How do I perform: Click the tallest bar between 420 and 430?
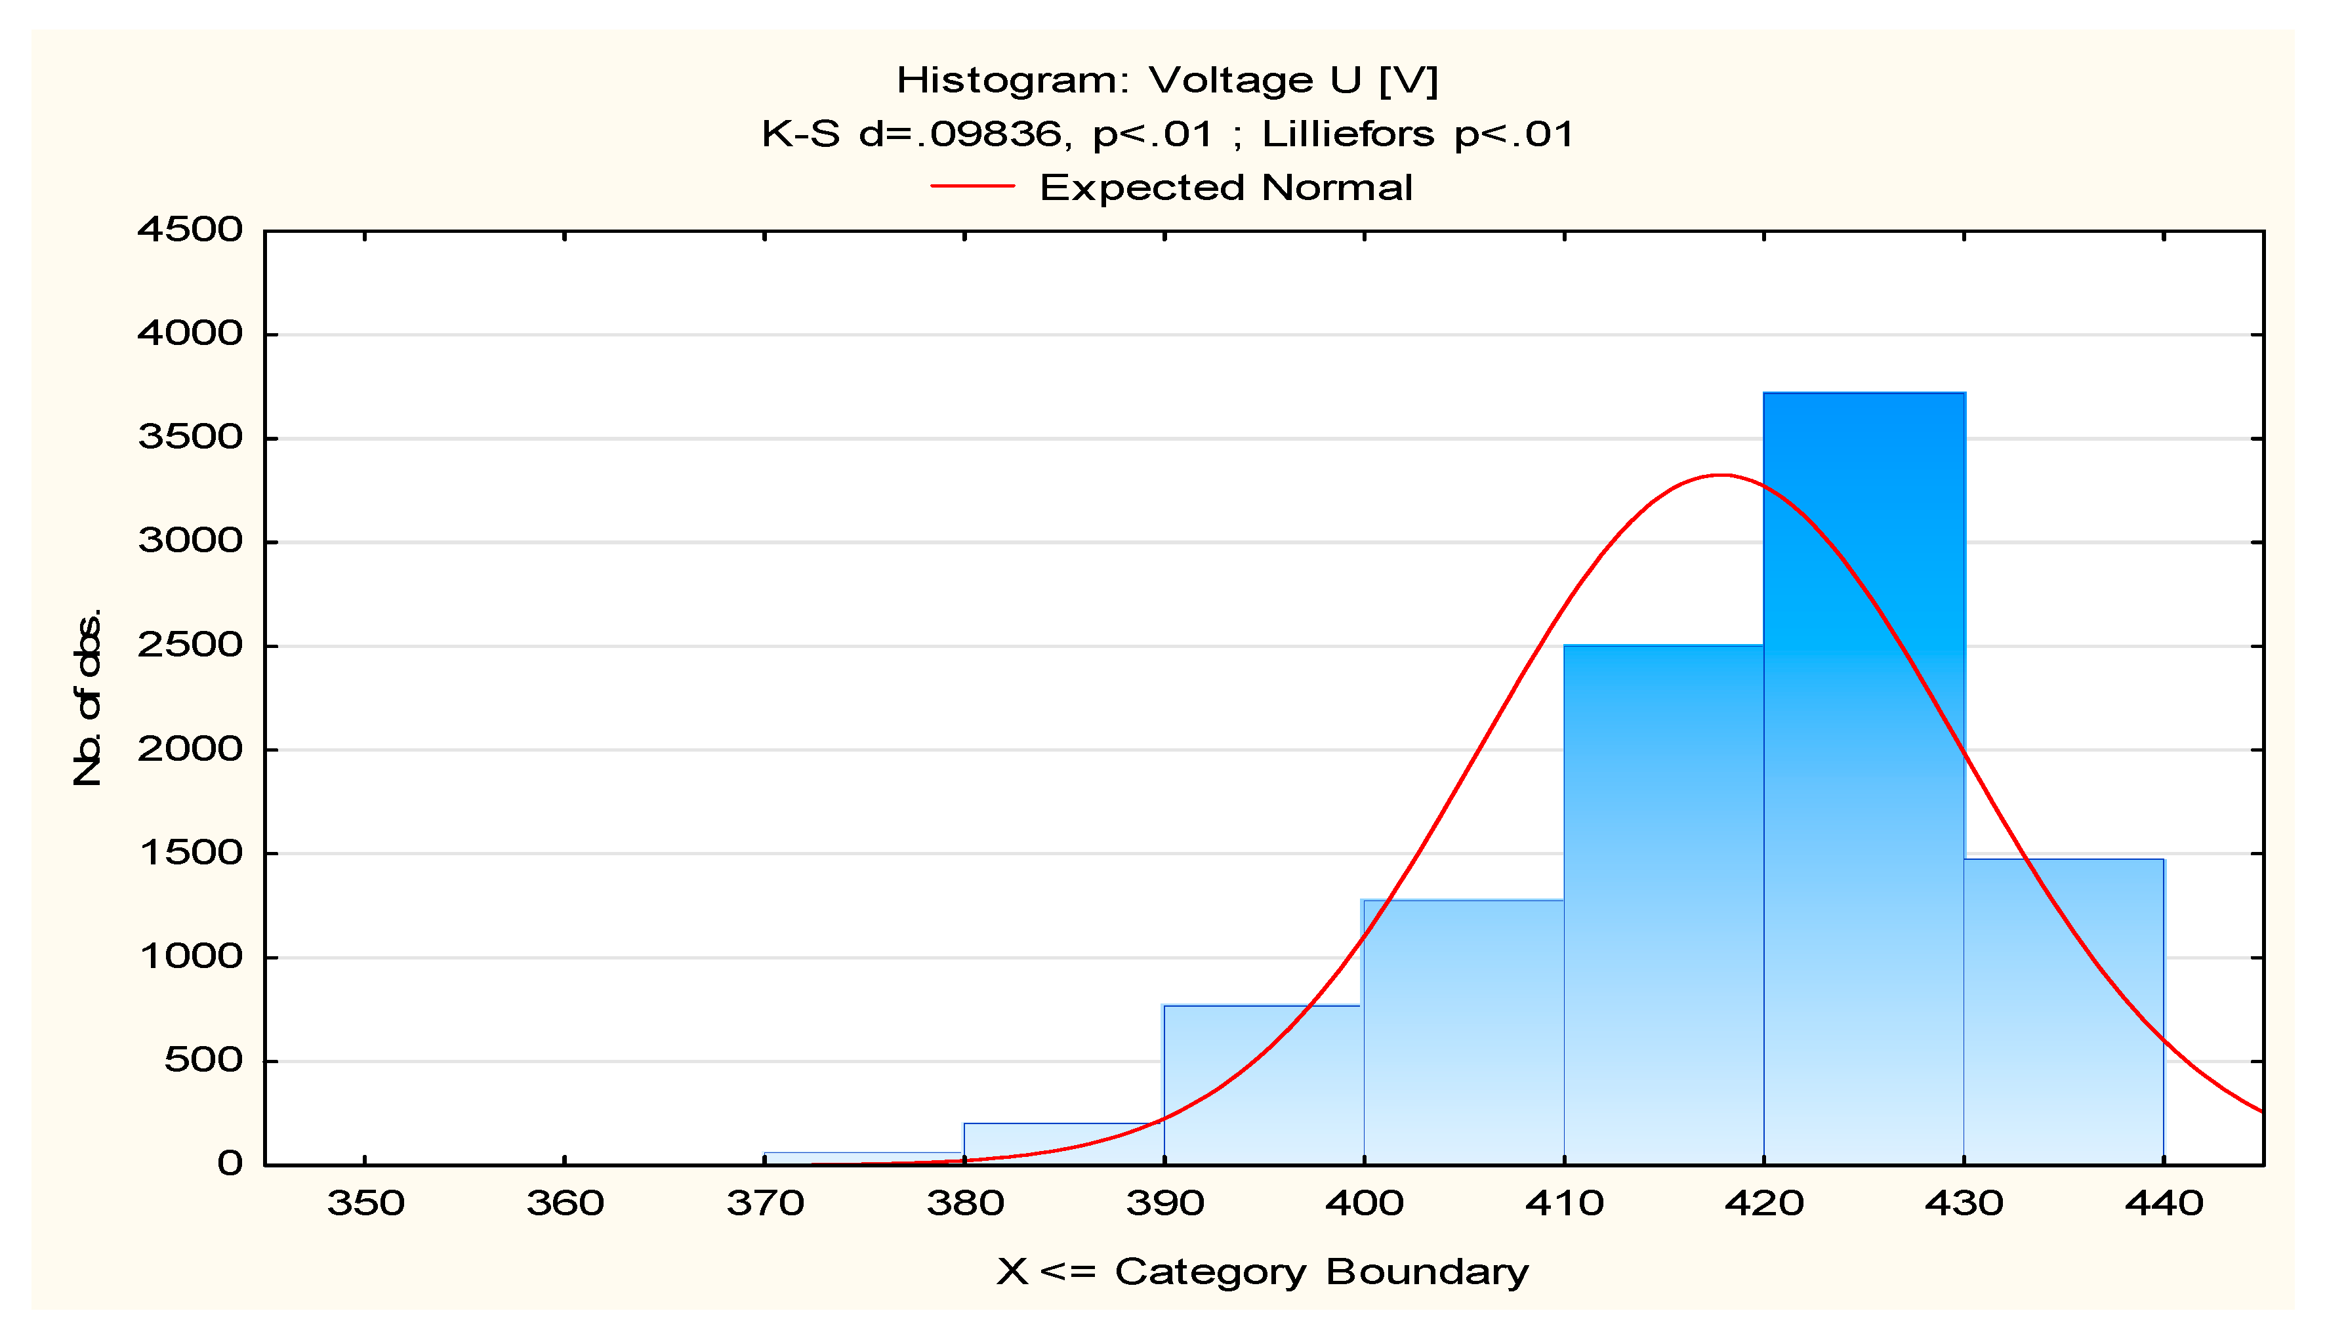(1863, 778)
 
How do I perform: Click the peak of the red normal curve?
(1722, 475)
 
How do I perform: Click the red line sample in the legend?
(972, 186)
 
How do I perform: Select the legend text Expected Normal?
(1225, 188)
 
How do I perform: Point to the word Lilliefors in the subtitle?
(1347, 134)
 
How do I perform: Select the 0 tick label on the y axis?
(229, 1163)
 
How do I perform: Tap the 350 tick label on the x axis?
(365, 1203)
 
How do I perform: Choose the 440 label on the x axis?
(2164, 1203)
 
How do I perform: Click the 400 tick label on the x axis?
(1364, 1203)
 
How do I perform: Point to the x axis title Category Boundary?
(1321, 1272)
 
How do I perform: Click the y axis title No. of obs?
(87, 697)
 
